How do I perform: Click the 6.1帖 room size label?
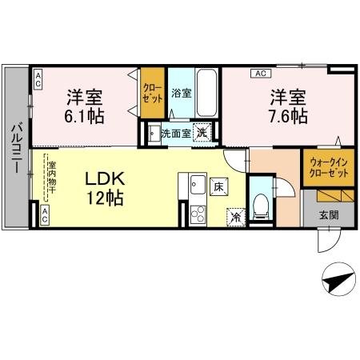pos(83,116)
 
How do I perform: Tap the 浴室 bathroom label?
pos(182,93)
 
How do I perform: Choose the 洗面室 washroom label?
pos(176,134)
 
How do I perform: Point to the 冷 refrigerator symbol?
pos(236,215)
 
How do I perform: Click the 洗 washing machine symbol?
pos(204,134)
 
